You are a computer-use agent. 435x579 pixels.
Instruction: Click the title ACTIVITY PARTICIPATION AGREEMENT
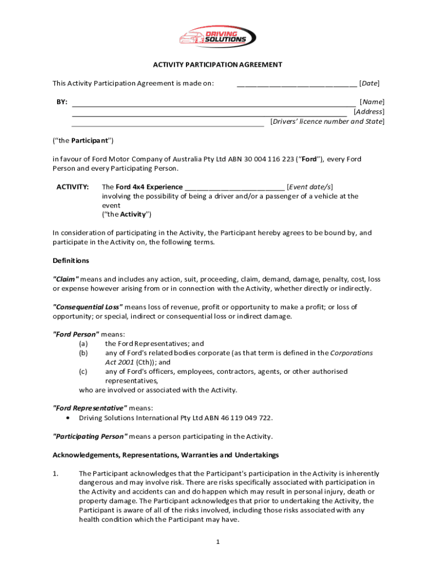click(217, 64)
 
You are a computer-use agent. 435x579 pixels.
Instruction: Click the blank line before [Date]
click(297, 84)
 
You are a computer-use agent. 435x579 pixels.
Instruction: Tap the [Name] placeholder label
click(372, 102)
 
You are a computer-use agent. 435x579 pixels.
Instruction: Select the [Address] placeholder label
click(368, 112)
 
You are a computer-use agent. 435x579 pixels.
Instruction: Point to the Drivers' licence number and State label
click(327, 122)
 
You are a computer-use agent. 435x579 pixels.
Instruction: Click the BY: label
click(62, 102)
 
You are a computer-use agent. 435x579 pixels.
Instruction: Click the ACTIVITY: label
click(72, 187)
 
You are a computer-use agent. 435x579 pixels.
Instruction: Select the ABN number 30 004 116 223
click(268, 159)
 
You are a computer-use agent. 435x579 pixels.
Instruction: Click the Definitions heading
click(71, 261)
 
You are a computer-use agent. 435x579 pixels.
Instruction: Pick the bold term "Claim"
click(66, 279)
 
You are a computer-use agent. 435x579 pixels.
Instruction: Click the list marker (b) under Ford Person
click(83, 353)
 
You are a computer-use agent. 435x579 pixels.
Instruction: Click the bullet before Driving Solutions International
click(68, 418)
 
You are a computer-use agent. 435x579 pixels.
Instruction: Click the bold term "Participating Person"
click(90, 437)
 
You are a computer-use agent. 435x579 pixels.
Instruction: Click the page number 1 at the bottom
click(217, 542)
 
